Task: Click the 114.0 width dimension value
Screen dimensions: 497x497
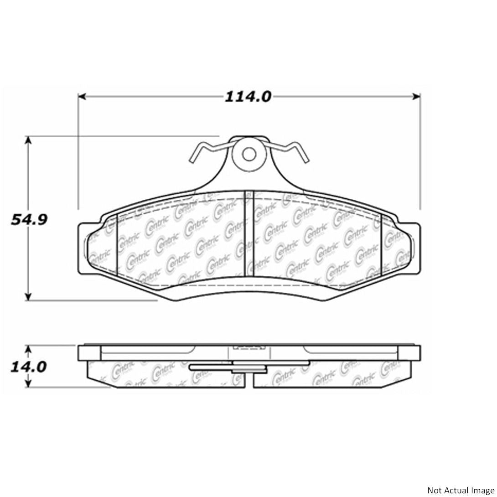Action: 248,97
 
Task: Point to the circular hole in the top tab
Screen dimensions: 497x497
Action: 248,154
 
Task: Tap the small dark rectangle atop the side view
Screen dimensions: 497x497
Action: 248,347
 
